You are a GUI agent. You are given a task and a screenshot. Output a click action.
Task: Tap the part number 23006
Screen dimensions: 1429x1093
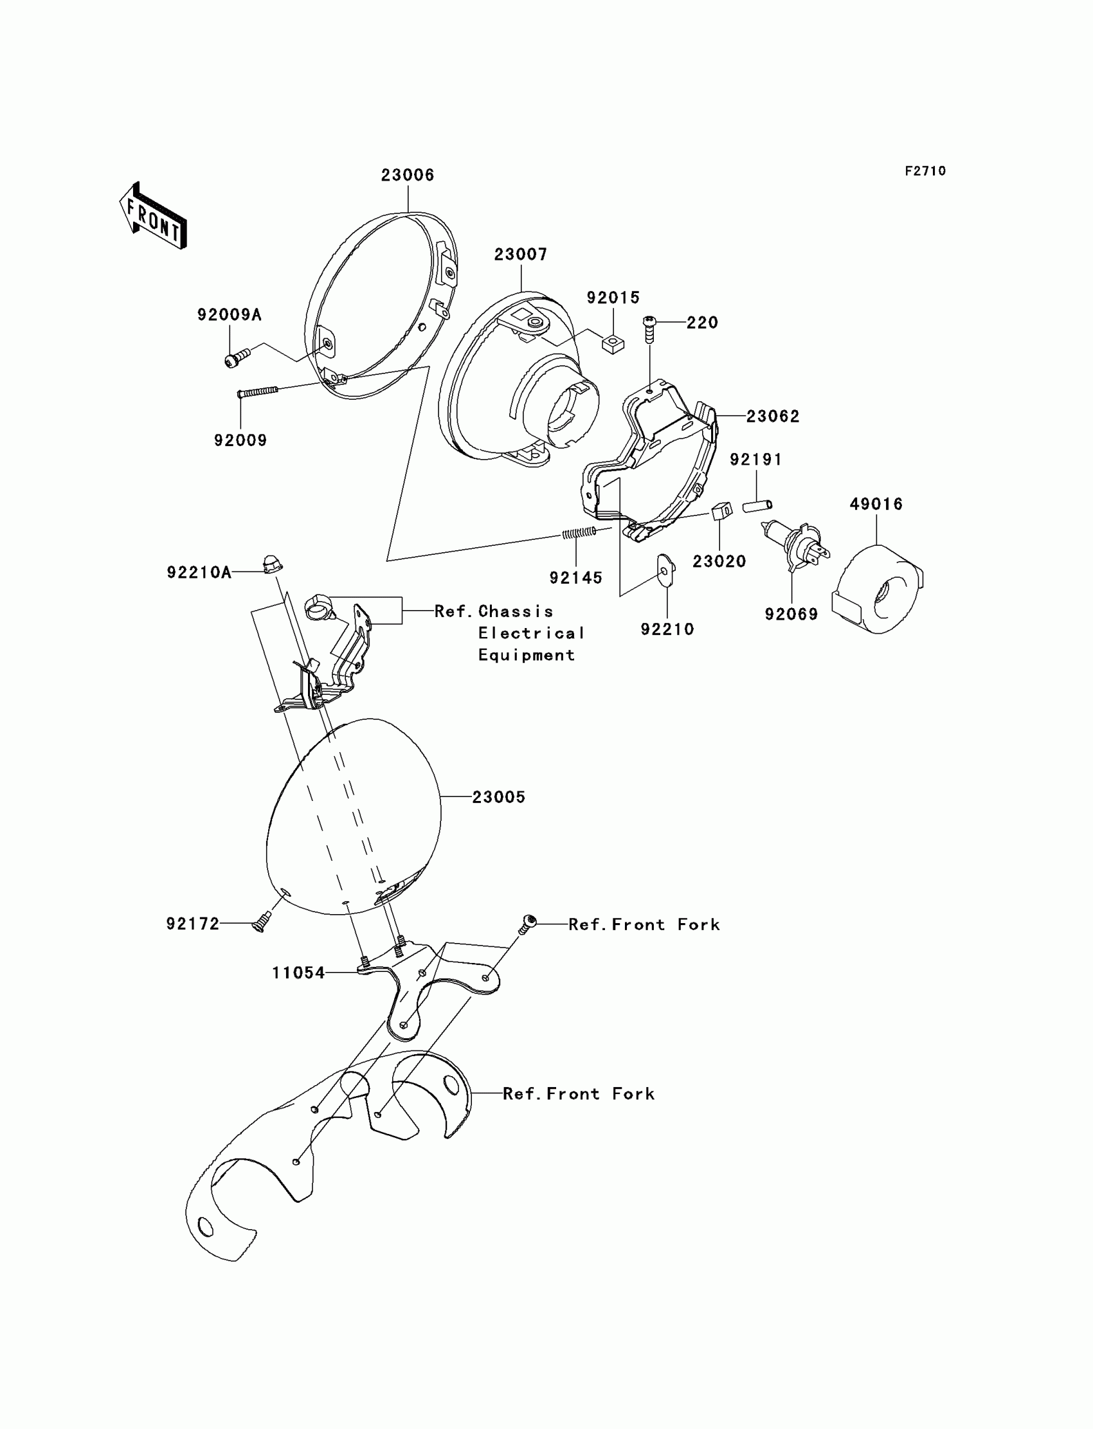[x=407, y=175]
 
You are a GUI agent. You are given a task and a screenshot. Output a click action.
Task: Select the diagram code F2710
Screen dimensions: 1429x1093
[x=925, y=171]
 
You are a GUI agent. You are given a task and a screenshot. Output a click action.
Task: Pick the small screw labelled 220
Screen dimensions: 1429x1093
[x=649, y=329]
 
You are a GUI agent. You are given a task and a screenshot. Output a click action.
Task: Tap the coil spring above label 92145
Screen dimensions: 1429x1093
[x=579, y=534]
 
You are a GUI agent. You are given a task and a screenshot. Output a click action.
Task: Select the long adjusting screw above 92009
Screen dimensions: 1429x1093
[x=258, y=391]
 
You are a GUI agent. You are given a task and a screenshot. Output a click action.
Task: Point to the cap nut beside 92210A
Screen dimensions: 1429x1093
[x=271, y=564]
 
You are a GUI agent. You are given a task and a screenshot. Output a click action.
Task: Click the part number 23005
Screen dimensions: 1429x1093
[x=498, y=796]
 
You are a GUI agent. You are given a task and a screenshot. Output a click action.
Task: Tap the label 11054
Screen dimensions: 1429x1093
[x=298, y=973]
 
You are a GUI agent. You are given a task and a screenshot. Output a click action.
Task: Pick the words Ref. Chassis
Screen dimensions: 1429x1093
[x=494, y=611]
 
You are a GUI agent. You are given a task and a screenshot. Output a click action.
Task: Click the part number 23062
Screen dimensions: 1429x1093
[x=772, y=417]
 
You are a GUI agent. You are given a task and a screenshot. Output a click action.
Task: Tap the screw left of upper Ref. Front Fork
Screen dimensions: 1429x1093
[x=528, y=923]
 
